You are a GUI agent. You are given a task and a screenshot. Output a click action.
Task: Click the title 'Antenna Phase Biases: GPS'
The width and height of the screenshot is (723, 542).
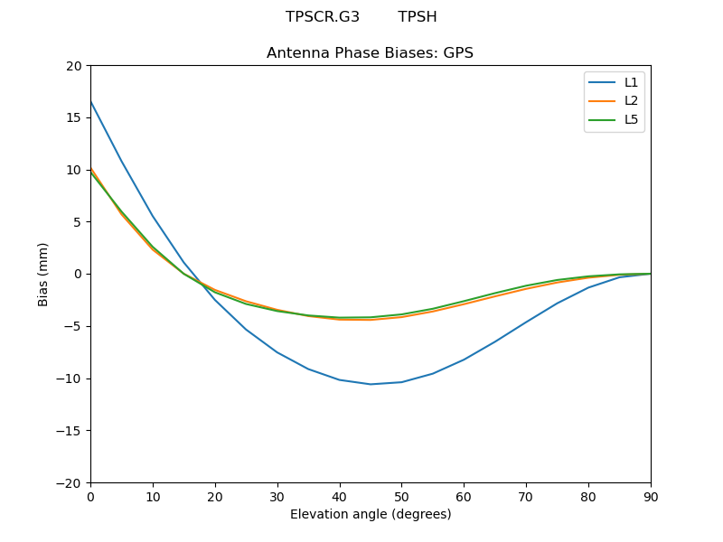coord(370,53)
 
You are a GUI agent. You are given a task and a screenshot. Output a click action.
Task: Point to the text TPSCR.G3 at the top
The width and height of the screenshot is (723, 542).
coord(323,17)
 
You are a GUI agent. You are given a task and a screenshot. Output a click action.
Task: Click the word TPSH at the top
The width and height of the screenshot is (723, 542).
coord(418,17)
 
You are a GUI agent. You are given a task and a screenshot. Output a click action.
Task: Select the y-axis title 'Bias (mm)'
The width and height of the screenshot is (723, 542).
coord(43,274)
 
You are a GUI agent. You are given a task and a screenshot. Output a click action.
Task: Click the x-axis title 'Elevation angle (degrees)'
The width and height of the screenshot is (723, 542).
coord(371,514)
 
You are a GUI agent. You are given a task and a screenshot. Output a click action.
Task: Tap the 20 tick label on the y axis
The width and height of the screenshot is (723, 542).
coord(73,66)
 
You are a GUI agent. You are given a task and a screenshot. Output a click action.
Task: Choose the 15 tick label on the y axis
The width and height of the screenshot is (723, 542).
coord(73,117)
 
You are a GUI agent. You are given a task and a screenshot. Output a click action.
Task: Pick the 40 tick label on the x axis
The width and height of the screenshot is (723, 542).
coord(339,496)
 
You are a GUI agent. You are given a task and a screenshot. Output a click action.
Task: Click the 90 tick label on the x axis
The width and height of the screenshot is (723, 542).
coord(651,496)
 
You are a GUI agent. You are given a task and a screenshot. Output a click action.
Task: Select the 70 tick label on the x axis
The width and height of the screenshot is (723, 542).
coord(526,496)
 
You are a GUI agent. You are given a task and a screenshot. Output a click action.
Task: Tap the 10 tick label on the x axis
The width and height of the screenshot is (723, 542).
coord(153,496)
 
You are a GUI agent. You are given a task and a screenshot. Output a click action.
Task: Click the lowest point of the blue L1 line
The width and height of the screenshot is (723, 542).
coord(371,384)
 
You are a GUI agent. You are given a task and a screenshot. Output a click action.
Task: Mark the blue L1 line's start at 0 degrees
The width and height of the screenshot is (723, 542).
coord(90,101)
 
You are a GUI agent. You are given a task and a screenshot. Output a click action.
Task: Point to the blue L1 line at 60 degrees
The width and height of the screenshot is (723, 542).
coord(464,360)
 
